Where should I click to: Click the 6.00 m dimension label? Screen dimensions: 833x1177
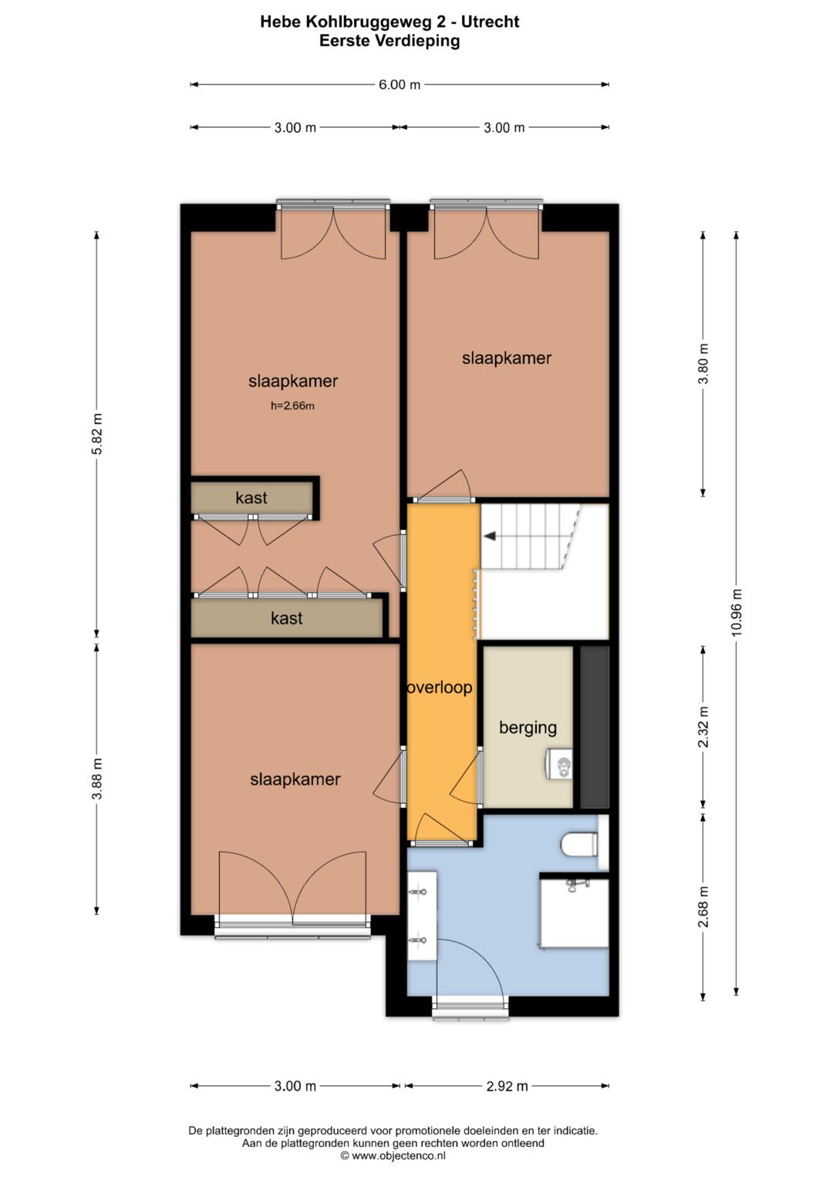[400, 85]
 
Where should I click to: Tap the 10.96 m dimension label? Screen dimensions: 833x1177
[737, 611]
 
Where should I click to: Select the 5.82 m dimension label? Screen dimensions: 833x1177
[96, 435]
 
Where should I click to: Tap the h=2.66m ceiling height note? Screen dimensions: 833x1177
[292, 405]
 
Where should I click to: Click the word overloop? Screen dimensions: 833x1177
[440, 688]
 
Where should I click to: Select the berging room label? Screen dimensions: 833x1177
[528, 728]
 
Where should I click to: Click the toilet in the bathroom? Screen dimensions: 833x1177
[580, 844]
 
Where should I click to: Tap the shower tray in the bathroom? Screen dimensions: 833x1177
[575, 913]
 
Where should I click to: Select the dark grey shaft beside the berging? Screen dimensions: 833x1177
[594, 727]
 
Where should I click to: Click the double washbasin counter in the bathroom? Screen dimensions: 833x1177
[423, 916]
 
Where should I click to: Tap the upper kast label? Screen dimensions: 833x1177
[251, 498]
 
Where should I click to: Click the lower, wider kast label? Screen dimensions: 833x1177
[287, 618]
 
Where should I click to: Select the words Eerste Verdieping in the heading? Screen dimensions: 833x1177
[390, 41]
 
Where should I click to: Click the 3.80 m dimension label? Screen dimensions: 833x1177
[703, 364]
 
